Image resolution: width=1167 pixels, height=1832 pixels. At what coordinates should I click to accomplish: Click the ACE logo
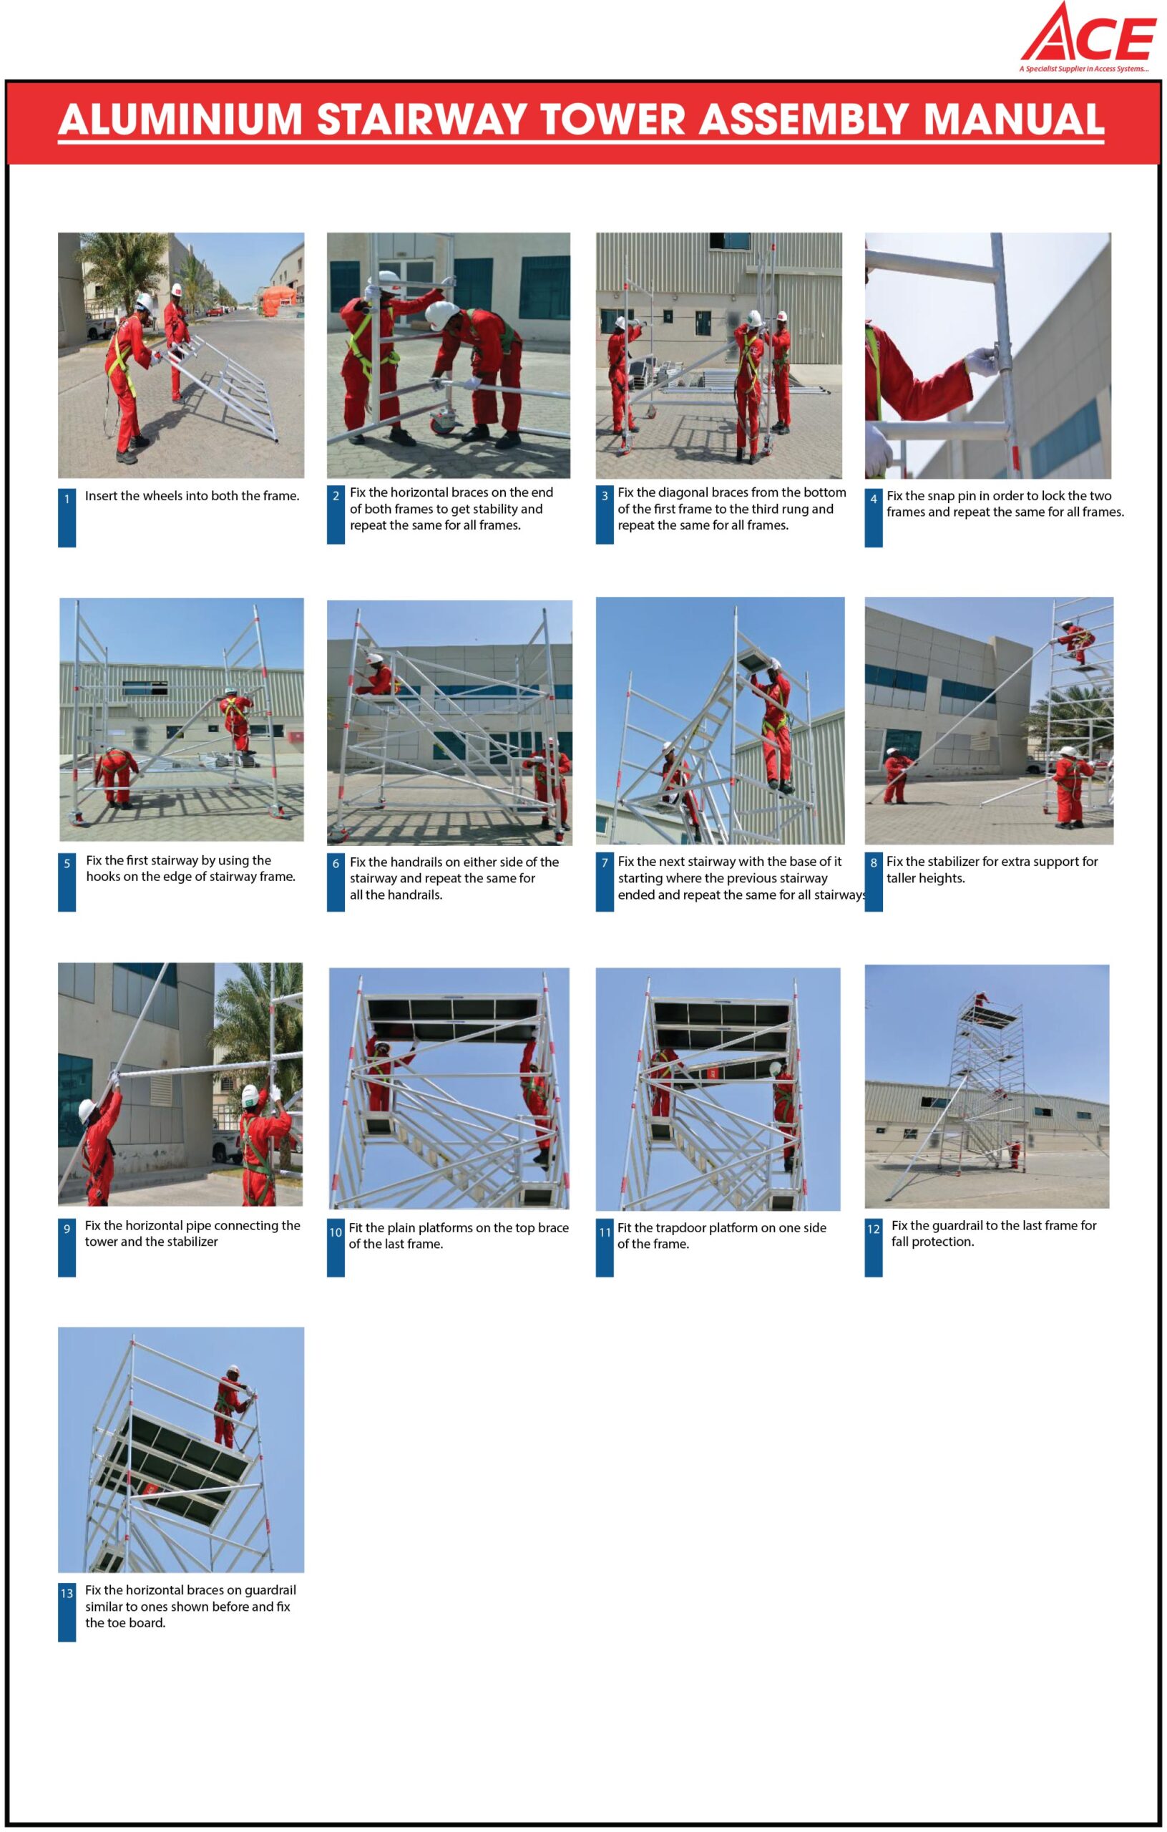click(x=1088, y=36)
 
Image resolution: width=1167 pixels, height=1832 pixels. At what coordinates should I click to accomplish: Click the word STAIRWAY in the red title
click(x=421, y=120)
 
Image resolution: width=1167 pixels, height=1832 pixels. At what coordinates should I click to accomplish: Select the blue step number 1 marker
click(x=67, y=517)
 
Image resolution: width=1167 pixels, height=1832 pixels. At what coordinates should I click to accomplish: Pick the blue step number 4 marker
click(x=874, y=517)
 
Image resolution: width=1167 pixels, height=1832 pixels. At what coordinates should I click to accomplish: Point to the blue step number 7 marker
click(x=605, y=882)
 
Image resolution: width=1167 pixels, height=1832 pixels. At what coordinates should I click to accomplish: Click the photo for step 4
click(x=987, y=355)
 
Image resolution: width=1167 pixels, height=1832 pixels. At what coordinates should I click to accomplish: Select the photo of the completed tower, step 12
click(x=987, y=1086)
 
